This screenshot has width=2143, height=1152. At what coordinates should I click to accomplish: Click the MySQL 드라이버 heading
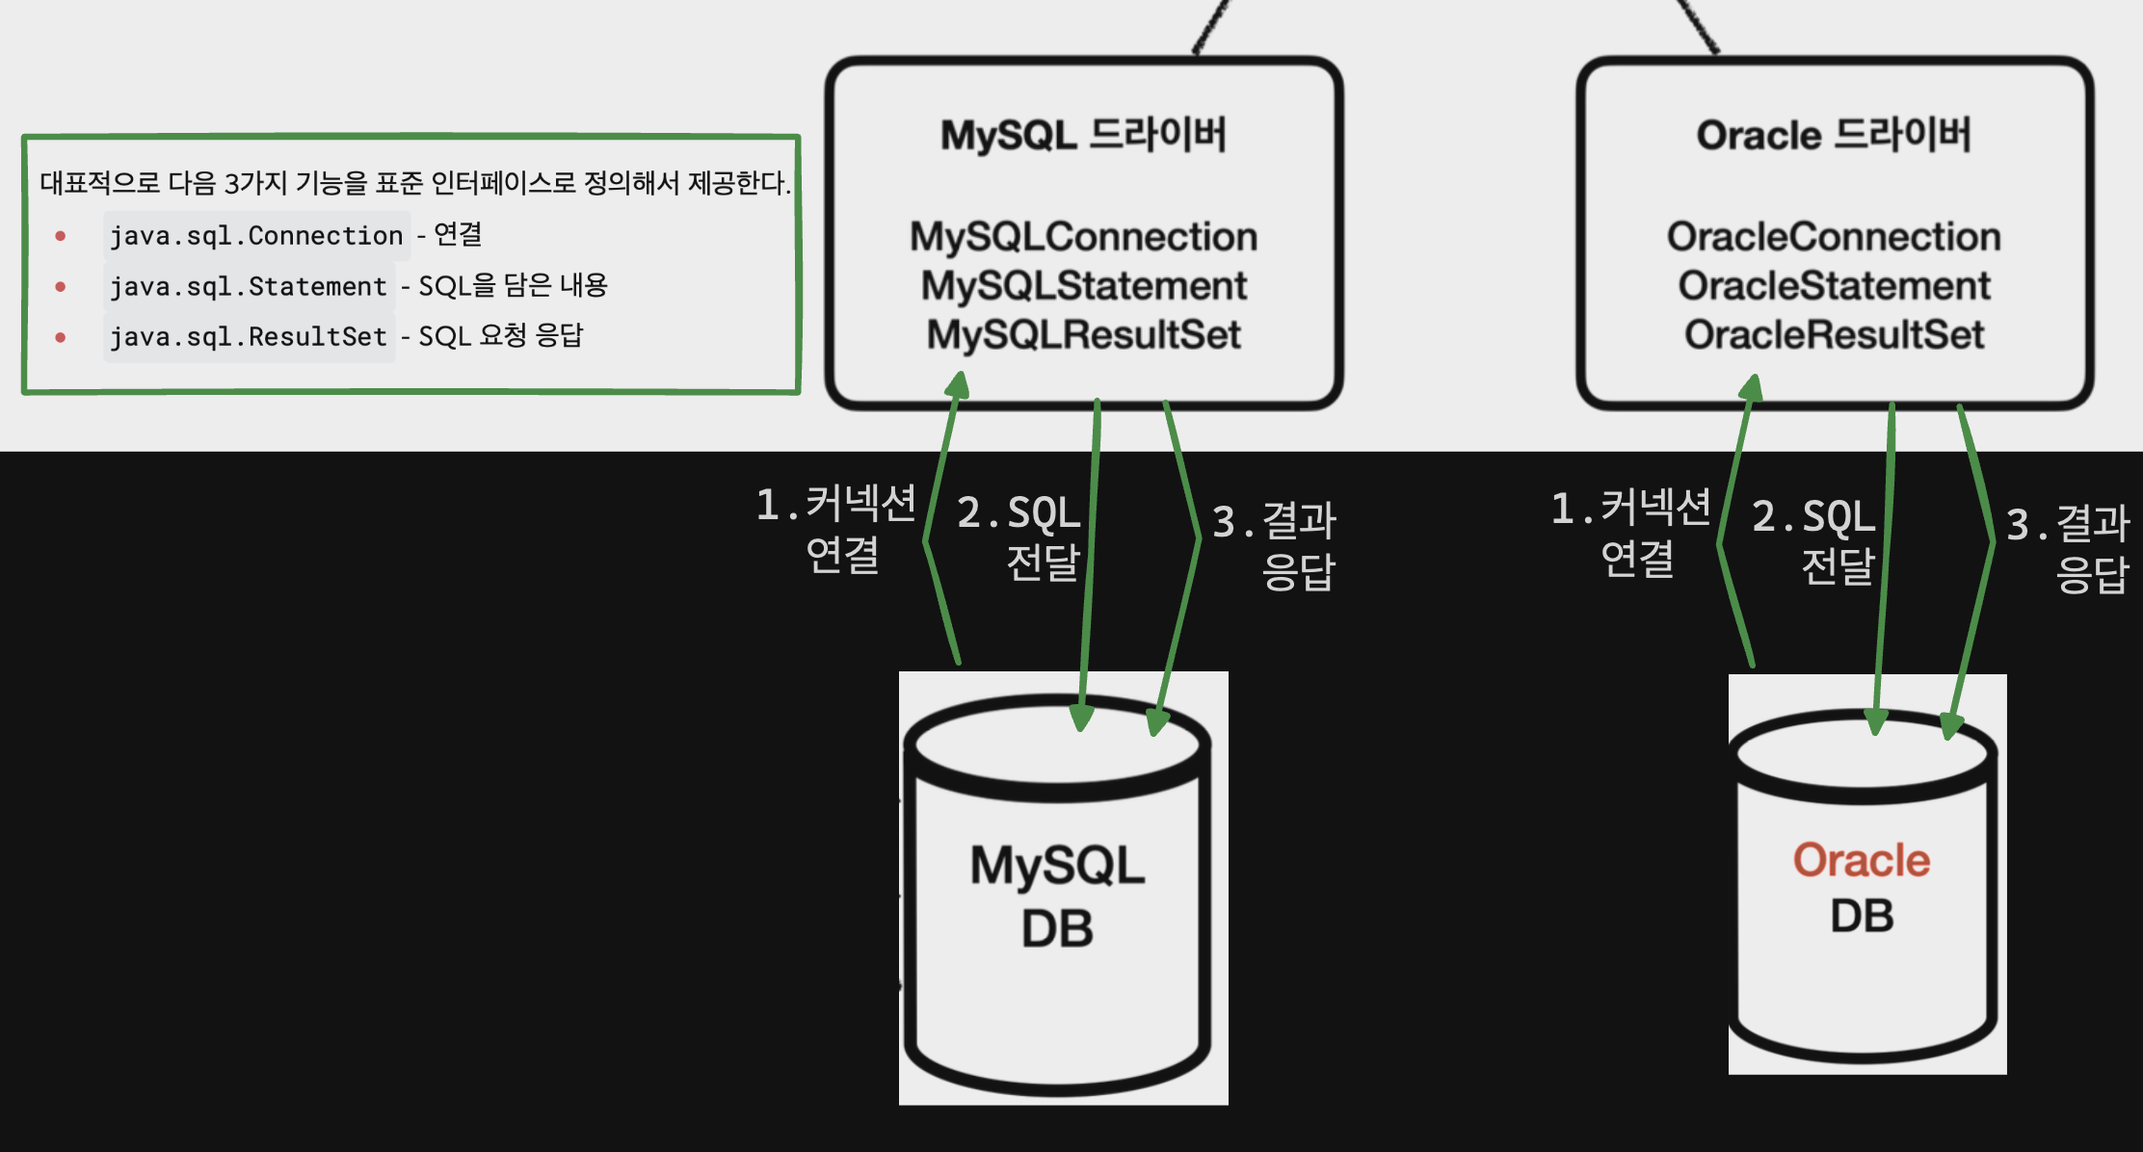tap(1083, 136)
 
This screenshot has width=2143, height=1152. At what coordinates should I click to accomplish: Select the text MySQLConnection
tap(1083, 237)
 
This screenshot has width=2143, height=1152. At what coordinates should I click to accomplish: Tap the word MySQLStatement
tap(1083, 286)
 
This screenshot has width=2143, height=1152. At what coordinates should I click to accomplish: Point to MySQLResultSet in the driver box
tap(1083, 335)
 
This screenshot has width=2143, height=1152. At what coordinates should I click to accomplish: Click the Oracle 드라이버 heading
tap(1834, 136)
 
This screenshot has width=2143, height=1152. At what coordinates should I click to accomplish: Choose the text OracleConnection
tap(1834, 237)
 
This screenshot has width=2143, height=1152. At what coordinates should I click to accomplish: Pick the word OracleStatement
tap(1834, 286)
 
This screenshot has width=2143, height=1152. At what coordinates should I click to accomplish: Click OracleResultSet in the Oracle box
tap(1834, 335)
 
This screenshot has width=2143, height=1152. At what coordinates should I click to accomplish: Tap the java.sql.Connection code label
tap(256, 236)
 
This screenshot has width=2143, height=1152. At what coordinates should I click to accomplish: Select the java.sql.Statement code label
tap(249, 287)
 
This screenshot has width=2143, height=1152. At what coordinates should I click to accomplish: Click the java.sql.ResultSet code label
tap(249, 337)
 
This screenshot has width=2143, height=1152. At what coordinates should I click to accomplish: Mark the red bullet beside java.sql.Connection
tap(61, 236)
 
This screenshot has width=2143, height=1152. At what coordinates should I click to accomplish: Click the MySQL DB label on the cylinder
tap(1057, 896)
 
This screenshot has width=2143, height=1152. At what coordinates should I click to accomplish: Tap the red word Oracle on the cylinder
tap(1861, 860)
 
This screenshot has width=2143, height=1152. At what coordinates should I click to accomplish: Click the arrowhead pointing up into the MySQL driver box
tap(958, 385)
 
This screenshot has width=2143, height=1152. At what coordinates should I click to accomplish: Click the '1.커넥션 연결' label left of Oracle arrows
tap(1632, 533)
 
